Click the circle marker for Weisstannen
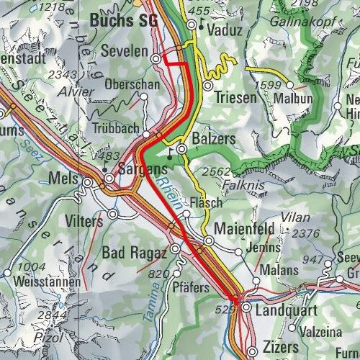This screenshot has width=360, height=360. [9, 272]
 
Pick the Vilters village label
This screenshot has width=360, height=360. [84, 221]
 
